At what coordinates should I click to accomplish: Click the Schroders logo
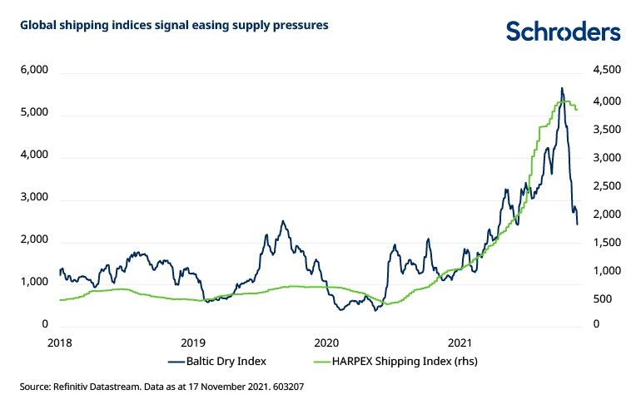point(564,32)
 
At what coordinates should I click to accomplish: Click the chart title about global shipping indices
point(174,26)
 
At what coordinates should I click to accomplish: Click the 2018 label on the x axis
point(58,342)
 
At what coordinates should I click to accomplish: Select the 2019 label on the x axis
point(193,342)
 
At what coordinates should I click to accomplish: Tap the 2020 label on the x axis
point(325,342)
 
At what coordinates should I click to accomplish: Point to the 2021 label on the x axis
point(460,342)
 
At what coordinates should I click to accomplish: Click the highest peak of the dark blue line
point(562,87)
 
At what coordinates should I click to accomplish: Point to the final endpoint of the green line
point(578,110)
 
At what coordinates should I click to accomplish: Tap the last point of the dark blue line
point(578,224)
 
